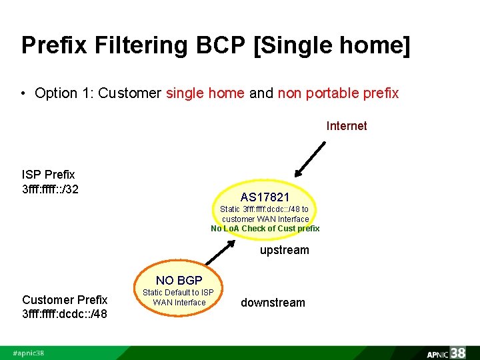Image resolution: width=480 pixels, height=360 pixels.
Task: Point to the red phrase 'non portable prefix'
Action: click(x=338, y=93)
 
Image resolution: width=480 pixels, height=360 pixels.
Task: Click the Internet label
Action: click(x=346, y=126)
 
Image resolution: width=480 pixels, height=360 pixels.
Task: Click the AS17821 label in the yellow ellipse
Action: click(x=265, y=197)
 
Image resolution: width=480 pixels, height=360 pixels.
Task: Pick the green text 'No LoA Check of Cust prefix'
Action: click(x=265, y=229)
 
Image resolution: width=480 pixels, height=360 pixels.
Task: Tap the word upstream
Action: click(x=284, y=250)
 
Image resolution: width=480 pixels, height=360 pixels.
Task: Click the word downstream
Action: click(x=273, y=303)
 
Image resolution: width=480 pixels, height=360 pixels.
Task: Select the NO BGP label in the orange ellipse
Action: click(x=179, y=280)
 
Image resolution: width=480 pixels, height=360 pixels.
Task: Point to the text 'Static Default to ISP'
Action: click(x=179, y=293)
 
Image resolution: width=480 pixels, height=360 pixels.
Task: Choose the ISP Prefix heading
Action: click(x=49, y=175)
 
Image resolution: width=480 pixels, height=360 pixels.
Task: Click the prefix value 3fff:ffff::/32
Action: click(x=51, y=189)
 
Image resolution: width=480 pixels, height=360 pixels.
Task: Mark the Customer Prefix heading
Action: click(x=65, y=300)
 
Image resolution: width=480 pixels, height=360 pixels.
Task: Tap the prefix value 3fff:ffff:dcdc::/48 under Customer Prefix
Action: click(x=65, y=314)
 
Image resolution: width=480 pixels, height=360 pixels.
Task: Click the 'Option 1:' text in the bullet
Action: click(x=65, y=93)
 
